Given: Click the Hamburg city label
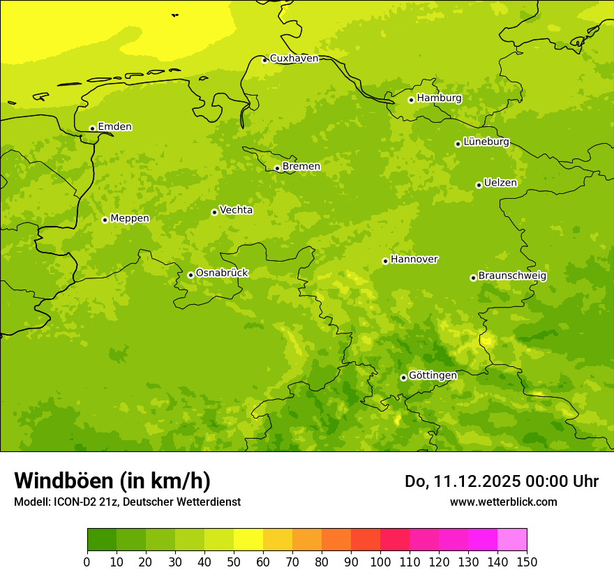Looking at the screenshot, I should point(439,98).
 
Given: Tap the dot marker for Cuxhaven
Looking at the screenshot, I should point(264,60).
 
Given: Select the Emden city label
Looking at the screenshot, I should point(114,127).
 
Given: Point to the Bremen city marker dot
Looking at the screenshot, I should point(277,168).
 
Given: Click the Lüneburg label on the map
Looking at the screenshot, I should point(486,142).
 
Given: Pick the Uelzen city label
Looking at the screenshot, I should point(500,183).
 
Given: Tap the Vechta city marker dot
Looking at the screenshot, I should point(214,212).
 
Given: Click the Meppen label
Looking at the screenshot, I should point(130,218).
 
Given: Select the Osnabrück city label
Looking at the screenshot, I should point(222,273).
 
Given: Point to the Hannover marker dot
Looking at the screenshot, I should point(385,261).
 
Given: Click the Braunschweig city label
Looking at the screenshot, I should point(512,276).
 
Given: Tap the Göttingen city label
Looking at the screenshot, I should point(433,376).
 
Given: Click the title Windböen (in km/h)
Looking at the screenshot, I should point(112,481).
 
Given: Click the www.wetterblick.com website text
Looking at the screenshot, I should point(503,502).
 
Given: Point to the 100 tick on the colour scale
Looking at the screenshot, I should point(380,562).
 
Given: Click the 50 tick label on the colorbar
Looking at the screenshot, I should point(234,562).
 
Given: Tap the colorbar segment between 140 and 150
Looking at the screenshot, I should point(512,540).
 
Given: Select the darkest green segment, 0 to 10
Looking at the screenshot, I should point(102,540).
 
